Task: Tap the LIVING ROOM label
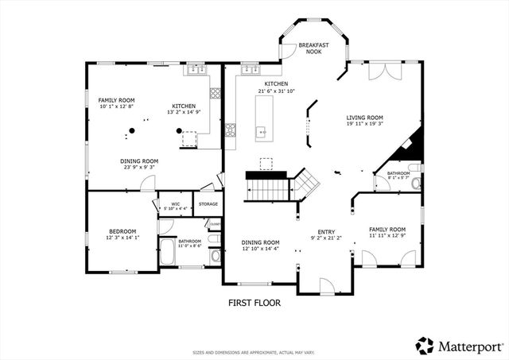point(364,117)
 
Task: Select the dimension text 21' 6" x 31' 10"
point(276,91)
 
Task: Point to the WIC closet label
point(175,204)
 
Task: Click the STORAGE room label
point(208,204)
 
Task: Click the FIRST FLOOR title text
point(254,302)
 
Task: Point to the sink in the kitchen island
point(260,132)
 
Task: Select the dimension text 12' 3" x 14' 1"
point(122,237)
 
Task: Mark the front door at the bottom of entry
point(326,286)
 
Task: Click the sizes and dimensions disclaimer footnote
point(254,352)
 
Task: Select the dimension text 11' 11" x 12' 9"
point(387,236)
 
